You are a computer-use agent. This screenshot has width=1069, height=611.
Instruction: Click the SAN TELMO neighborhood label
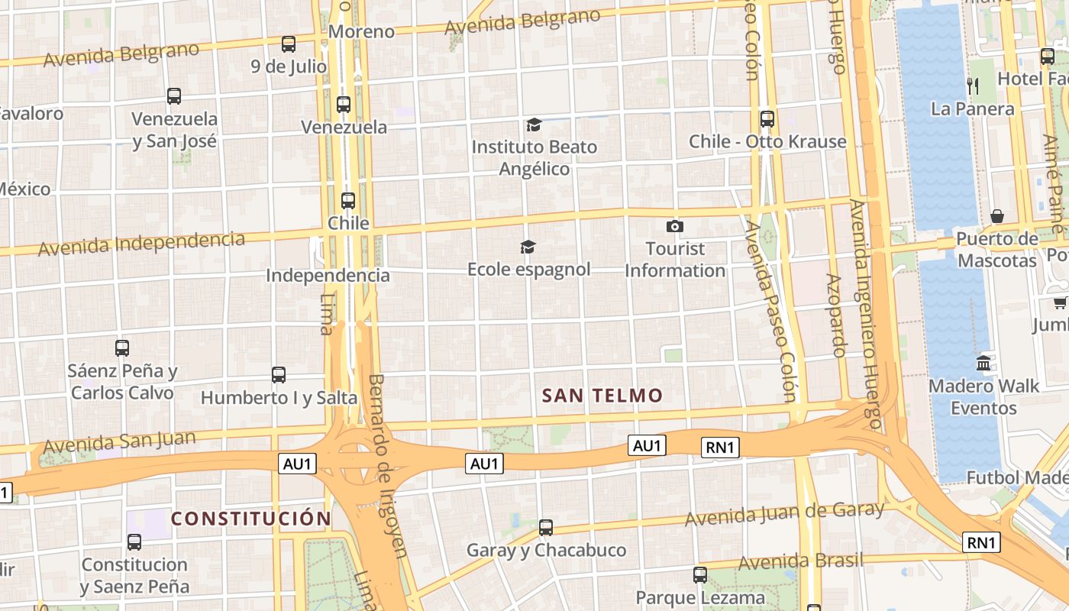tap(602, 396)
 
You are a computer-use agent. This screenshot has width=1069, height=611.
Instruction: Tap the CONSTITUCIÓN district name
tap(251, 519)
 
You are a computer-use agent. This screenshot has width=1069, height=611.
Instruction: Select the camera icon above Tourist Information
tap(674, 226)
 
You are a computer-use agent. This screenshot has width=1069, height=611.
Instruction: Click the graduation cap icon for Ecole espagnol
tap(528, 247)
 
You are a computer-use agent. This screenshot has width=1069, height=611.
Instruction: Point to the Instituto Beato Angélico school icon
tap(534, 124)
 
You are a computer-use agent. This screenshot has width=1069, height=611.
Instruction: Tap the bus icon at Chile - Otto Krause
tap(767, 119)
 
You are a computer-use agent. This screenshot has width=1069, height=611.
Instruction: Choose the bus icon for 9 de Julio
tap(288, 44)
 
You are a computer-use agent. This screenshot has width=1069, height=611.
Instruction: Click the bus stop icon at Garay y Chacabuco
tap(545, 528)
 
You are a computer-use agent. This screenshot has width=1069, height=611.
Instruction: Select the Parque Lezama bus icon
tap(699, 575)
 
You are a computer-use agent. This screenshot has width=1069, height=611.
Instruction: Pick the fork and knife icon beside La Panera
tap(972, 86)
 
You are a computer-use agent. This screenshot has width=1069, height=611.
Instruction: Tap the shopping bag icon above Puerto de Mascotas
tap(996, 216)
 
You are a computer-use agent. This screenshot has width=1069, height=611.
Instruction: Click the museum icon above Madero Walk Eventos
tap(983, 363)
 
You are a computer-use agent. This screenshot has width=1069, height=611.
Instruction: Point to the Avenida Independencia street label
tap(141, 244)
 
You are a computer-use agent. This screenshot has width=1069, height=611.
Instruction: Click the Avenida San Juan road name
tap(119, 441)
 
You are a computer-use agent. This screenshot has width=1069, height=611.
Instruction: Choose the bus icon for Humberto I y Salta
tap(278, 375)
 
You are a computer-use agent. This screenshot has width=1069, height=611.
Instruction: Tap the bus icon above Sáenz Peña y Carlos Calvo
tap(122, 348)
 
